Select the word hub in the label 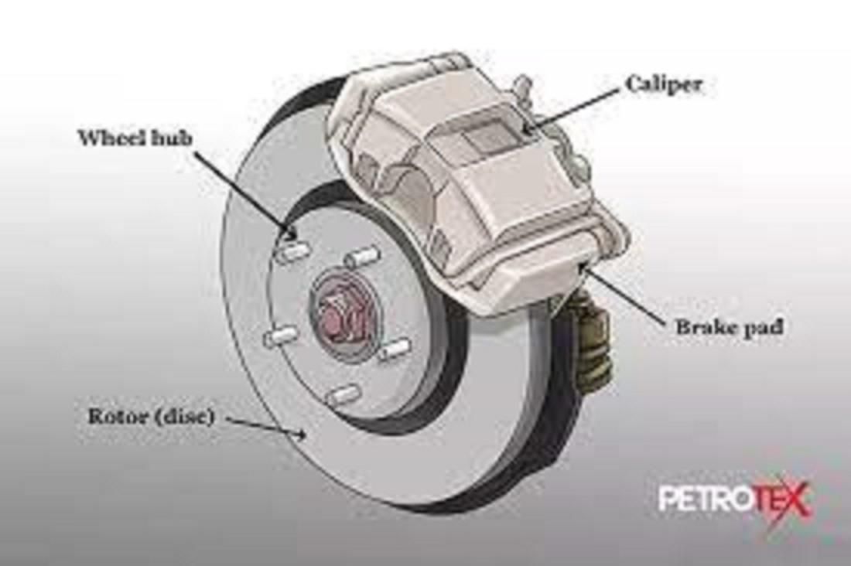tap(173, 138)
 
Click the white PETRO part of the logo tap(704, 499)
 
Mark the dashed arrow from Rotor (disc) tap(267, 426)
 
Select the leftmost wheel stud tap(279, 336)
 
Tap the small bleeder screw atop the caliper tap(523, 84)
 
